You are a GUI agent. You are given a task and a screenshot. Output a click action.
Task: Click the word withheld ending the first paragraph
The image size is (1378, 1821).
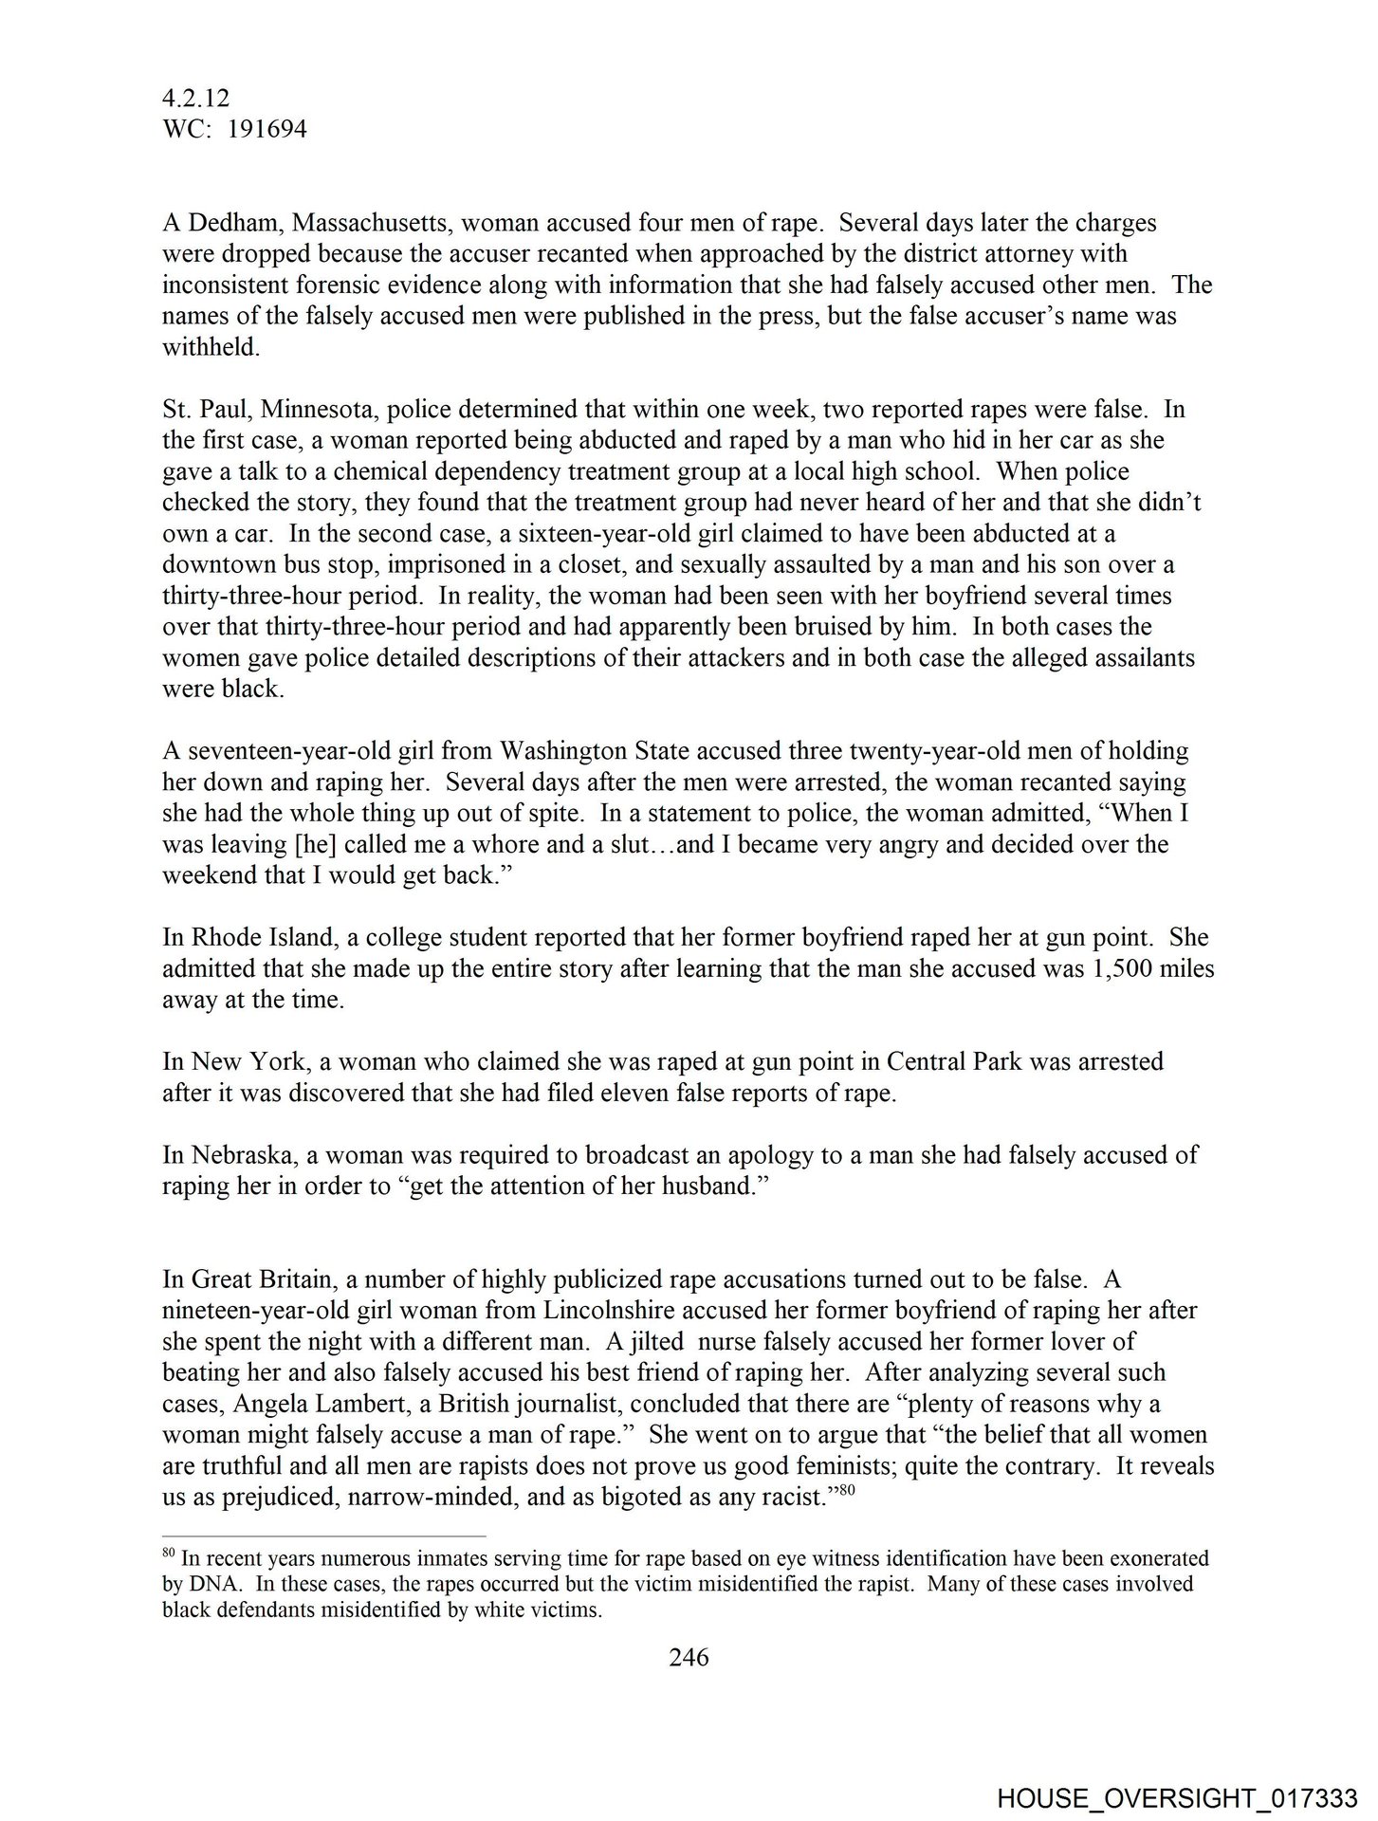click(210, 348)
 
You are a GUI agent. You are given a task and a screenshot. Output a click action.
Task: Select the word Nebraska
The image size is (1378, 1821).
click(237, 1155)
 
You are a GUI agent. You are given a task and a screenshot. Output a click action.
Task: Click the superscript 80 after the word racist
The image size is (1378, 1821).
click(848, 1490)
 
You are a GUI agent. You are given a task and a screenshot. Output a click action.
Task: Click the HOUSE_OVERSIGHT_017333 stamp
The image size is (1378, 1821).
click(1177, 1798)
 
